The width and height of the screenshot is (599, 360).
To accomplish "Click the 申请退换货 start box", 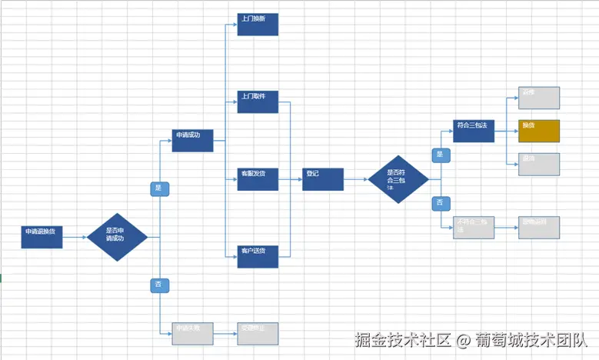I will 42,237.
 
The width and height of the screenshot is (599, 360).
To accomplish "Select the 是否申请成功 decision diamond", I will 117,237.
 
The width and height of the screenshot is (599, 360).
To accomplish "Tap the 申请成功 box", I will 192,141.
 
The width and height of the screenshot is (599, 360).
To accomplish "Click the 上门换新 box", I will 258,24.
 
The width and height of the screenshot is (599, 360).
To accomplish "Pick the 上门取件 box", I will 258,102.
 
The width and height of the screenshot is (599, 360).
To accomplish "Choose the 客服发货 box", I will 258,179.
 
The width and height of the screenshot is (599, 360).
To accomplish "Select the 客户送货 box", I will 258,256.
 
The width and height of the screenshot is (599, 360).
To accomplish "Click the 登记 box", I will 323,179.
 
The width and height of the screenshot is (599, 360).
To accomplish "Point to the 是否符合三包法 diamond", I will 398,179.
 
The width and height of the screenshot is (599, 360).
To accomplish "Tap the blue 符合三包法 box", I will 474,131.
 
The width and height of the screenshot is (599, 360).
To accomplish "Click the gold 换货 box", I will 539,131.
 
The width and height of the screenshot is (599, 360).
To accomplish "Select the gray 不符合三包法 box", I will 474,227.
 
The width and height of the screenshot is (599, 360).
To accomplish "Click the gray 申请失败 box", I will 192,333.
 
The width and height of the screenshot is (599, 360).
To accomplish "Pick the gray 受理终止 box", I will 258,333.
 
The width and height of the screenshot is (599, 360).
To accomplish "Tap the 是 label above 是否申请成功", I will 159,188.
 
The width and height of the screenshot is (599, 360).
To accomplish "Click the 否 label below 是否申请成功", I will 159,285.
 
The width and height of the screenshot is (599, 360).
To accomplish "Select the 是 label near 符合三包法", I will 441,155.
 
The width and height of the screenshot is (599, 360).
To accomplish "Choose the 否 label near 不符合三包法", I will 441,203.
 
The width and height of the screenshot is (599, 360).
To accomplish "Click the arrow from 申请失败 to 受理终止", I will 225,334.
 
